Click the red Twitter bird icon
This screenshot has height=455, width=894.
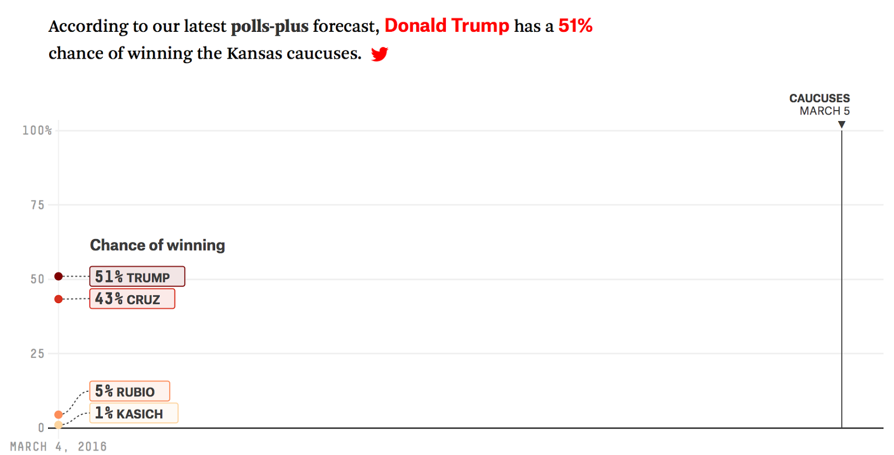(x=379, y=54)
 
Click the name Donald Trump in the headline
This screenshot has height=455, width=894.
(x=446, y=26)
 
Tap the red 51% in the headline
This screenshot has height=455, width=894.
(x=575, y=26)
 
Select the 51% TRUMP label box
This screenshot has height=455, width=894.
(x=137, y=276)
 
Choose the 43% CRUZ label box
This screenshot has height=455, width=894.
(x=132, y=299)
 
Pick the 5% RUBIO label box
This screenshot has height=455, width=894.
(x=129, y=391)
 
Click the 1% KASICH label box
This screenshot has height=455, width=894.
(x=134, y=413)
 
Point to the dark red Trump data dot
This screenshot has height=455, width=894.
(x=59, y=276)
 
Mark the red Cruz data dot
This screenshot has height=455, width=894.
(x=59, y=299)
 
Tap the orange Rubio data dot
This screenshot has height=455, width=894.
(x=59, y=414)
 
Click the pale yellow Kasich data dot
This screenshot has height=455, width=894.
(x=59, y=425)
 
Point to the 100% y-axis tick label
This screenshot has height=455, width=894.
(x=37, y=131)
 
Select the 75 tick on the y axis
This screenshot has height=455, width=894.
(x=37, y=205)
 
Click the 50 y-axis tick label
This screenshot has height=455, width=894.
(x=37, y=279)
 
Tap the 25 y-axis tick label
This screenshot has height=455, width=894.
(x=37, y=353)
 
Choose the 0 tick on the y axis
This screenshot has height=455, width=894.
(x=41, y=428)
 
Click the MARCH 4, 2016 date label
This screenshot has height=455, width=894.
(x=58, y=447)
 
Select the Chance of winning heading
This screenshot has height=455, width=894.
(x=158, y=245)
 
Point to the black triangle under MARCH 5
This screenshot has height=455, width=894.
(x=841, y=124)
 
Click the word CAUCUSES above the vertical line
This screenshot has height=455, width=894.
(x=819, y=98)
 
